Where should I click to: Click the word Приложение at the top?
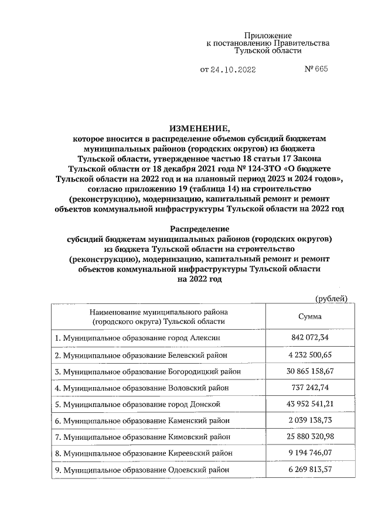(x=267, y=36)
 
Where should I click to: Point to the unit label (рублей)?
(x=332, y=299)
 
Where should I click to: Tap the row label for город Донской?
(x=137, y=405)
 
